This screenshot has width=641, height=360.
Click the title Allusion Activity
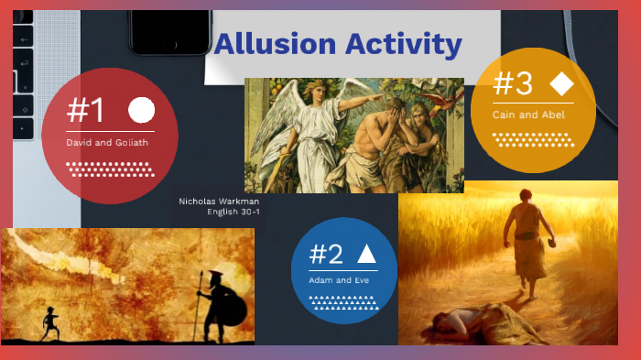point(338,43)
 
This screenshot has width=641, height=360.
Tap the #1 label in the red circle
point(85,112)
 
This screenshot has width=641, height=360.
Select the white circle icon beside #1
point(141,111)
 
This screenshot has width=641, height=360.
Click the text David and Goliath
point(107,143)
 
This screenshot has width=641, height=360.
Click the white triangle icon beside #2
point(366,254)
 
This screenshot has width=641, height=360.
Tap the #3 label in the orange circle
point(513,84)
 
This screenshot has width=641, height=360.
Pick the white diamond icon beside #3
point(561,84)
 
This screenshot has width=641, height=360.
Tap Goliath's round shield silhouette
point(234,311)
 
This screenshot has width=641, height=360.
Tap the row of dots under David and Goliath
point(110,169)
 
